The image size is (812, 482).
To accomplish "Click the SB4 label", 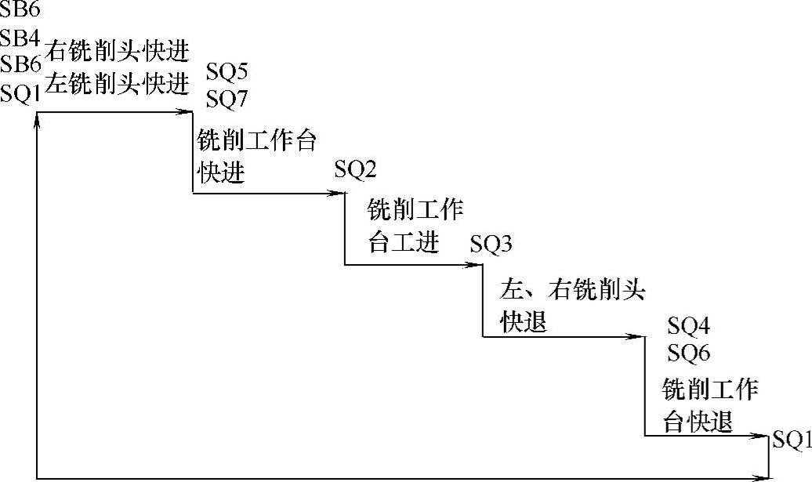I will [20, 38].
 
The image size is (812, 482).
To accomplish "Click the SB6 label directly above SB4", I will [20, 11].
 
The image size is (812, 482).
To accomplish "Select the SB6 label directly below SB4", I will [20, 65].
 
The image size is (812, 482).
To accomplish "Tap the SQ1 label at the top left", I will [20, 93].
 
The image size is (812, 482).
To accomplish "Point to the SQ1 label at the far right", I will [792, 440].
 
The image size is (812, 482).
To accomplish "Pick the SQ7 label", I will [227, 99].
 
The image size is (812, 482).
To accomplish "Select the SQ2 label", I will [356, 169].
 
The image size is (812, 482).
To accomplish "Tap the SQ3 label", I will [491, 244].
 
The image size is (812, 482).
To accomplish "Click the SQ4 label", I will [688, 325].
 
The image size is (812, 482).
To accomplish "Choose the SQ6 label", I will [688, 353].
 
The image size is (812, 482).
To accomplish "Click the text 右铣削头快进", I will [118, 53].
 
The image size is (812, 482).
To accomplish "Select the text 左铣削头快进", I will [117, 82].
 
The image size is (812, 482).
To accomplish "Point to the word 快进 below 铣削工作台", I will [221, 173].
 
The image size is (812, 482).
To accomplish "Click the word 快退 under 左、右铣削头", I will [524, 322].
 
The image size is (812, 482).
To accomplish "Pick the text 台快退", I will [698, 422].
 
